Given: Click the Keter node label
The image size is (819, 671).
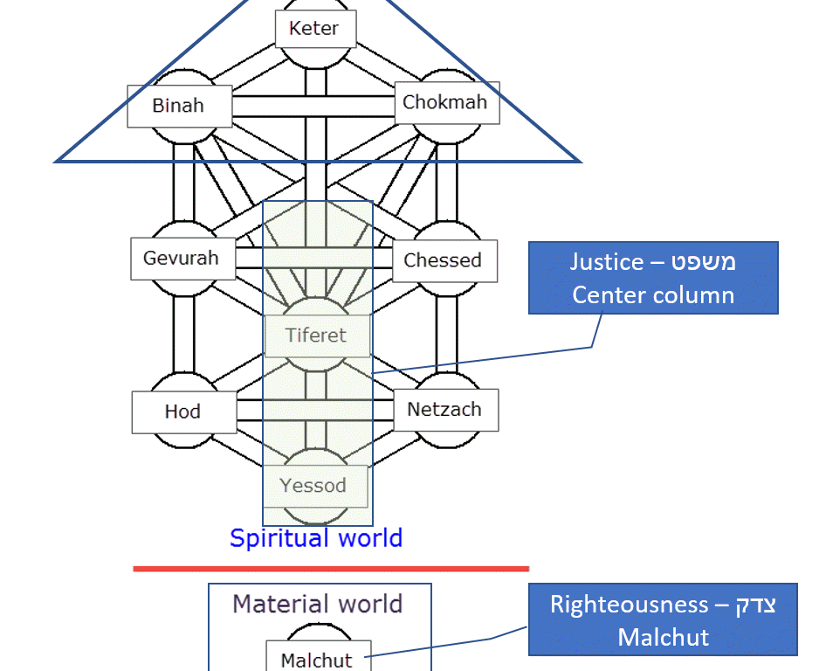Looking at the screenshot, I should pyautogui.click(x=313, y=29).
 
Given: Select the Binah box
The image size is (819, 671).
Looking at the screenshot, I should pyautogui.click(x=179, y=106).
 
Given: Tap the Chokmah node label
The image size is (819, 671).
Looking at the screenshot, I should pyautogui.click(x=445, y=103).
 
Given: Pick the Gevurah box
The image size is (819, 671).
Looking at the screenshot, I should pyautogui.click(x=182, y=259).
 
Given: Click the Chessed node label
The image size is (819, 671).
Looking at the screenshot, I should pyautogui.click(x=443, y=260).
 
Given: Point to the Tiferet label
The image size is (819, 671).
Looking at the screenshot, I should pyautogui.click(x=316, y=335).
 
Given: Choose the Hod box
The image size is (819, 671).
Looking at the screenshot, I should pyautogui.click(x=183, y=412).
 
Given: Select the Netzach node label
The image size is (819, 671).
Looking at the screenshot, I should pyautogui.click(x=444, y=409).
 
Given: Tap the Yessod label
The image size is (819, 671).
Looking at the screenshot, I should pyautogui.click(x=313, y=486).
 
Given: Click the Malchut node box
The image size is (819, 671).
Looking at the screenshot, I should pyautogui.click(x=317, y=660).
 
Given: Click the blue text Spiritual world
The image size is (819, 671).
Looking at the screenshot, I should pyautogui.click(x=316, y=537).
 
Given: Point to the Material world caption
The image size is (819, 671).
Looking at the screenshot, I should pyautogui.click(x=317, y=604).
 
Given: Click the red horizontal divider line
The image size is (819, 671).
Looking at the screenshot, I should pyautogui.click(x=331, y=569).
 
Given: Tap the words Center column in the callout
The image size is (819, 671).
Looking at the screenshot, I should pyautogui.click(x=653, y=294).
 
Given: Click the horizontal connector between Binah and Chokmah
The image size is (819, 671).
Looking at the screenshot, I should pyautogui.click(x=313, y=106).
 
